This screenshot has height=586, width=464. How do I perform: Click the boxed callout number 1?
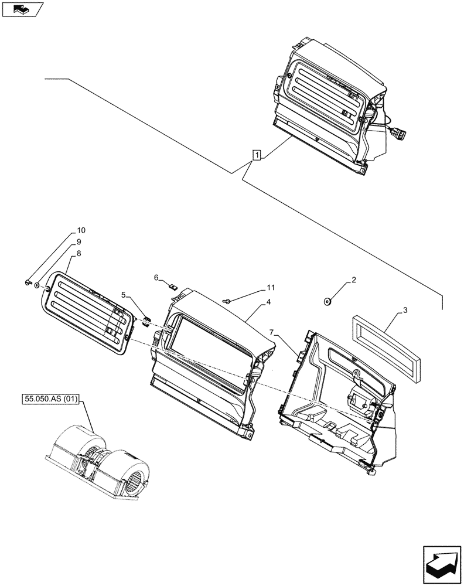point(256,155)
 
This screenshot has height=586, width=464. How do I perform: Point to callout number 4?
point(268,302)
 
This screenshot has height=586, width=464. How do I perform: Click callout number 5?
point(124,295)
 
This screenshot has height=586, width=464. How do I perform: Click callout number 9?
point(79,242)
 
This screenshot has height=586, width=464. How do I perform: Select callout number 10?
point(81,229)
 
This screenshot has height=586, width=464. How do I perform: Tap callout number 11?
point(269,288)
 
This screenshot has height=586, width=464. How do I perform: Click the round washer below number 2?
point(326,302)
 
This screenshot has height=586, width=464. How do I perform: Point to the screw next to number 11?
point(227,301)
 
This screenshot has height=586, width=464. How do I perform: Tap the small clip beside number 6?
point(172,287)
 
